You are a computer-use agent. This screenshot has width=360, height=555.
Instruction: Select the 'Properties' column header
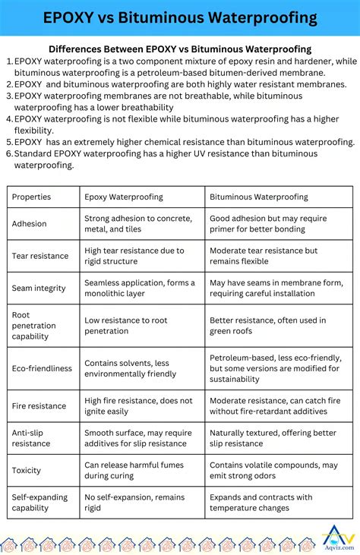[31, 197]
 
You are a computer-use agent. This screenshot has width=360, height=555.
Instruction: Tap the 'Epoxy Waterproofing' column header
[123, 197]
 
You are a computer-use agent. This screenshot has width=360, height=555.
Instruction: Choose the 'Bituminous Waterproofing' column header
[258, 197]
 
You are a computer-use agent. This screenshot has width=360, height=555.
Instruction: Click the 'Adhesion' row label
[29, 224]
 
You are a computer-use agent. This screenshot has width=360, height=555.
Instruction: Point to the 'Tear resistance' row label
[39, 256]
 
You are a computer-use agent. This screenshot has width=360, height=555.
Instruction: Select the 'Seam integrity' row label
[38, 289]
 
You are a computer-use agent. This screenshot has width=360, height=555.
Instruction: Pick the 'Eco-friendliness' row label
[42, 368]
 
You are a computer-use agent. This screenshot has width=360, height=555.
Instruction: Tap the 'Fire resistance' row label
[39, 406]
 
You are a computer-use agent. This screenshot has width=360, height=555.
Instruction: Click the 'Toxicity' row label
[27, 471]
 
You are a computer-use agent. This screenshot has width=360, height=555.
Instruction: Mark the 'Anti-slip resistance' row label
[31, 438]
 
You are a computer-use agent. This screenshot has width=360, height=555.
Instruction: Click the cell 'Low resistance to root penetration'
[125, 326]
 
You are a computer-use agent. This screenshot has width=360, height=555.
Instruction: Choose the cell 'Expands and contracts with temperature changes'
[261, 503]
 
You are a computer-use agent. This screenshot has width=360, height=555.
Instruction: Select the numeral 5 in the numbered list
[8, 142]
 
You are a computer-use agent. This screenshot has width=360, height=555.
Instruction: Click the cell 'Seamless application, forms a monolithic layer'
[139, 289]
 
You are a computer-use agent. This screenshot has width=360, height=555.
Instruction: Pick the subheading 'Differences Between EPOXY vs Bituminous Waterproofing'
[180, 49]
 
